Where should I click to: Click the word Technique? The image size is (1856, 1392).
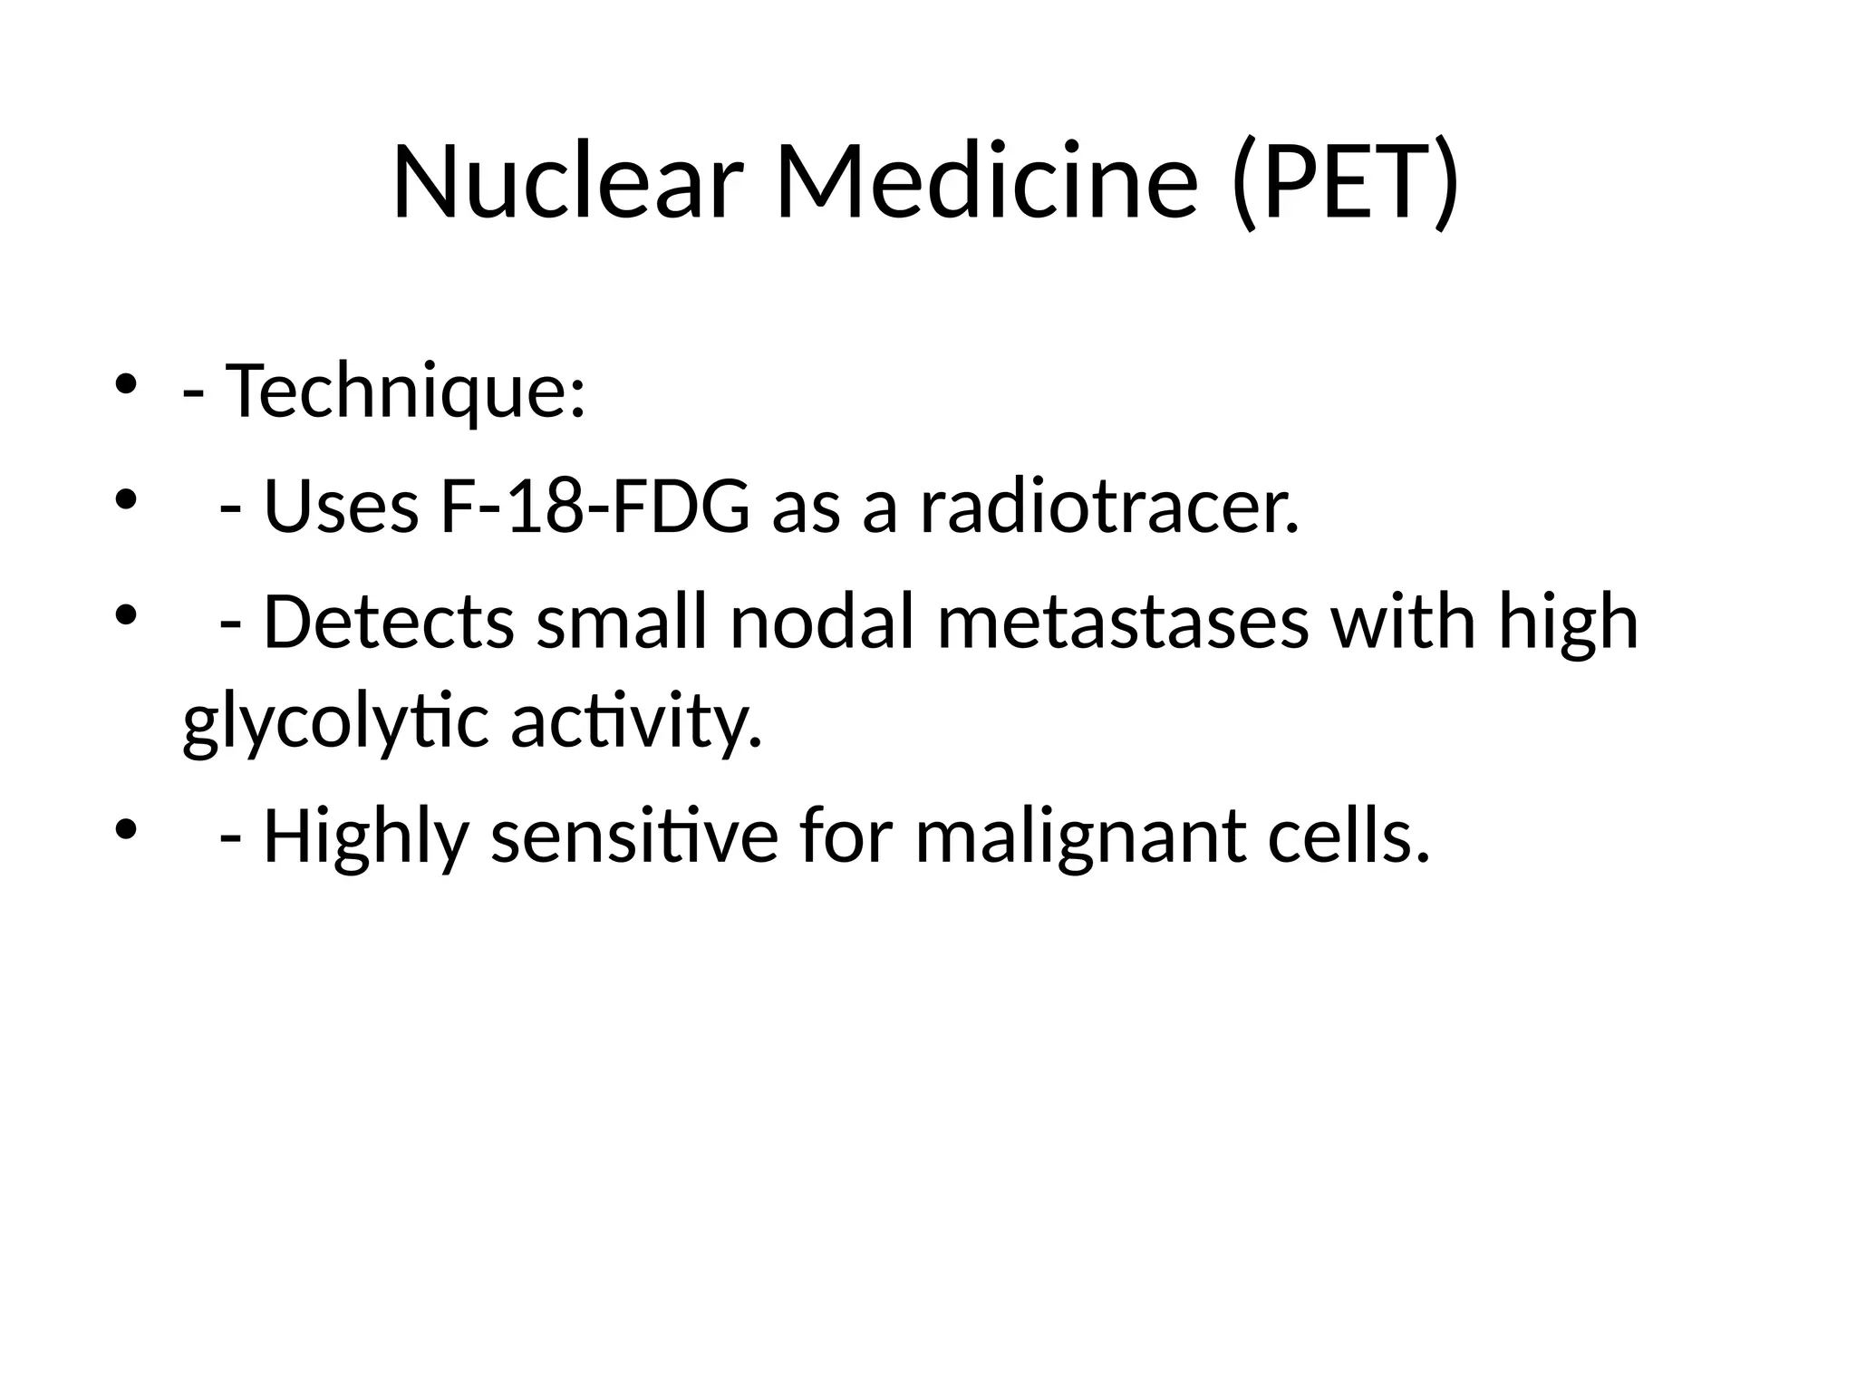[x=406, y=391]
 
